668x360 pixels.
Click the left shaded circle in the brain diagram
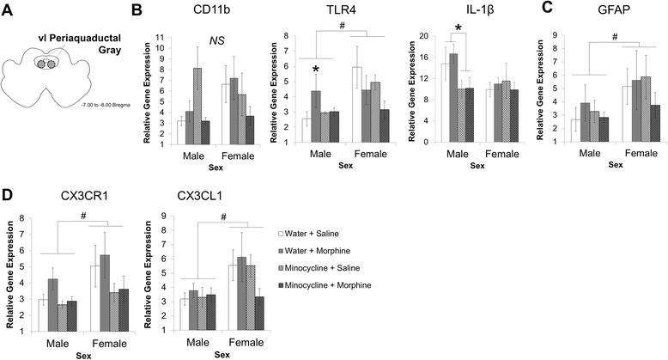[x=39, y=64]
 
